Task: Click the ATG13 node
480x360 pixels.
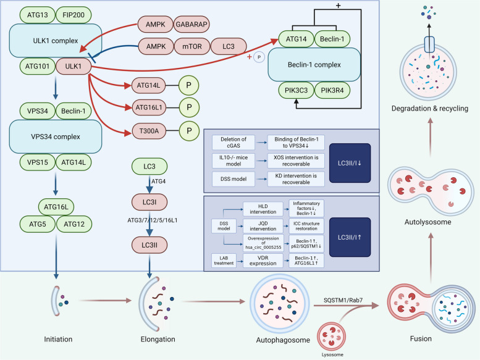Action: click(37, 15)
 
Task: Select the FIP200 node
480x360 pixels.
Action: click(74, 15)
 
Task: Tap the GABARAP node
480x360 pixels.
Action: click(192, 24)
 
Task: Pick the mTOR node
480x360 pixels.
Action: click(192, 46)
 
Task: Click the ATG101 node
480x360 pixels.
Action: click(37, 66)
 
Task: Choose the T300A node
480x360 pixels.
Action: click(149, 131)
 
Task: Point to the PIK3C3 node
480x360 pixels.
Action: click(297, 90)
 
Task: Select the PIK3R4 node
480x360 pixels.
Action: click(332, 90)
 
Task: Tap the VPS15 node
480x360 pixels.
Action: click(37, 162)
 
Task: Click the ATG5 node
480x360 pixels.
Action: click(37, 224)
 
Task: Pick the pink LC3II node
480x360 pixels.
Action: click(149, 245)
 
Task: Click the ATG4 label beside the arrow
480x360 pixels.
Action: click(159, 182)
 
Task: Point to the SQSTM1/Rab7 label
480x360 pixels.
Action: click(343, 300)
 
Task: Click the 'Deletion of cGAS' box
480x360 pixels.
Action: click(234, 142)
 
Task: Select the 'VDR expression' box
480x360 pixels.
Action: click(263, 261)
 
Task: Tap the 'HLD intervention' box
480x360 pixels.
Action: click(263, 209)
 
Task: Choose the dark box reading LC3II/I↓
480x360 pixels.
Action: click(350, 163)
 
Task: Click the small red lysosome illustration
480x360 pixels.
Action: click(332, 336)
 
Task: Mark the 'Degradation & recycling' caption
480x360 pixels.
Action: click(430, 108)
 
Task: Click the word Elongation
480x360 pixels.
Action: click(158, 339)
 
